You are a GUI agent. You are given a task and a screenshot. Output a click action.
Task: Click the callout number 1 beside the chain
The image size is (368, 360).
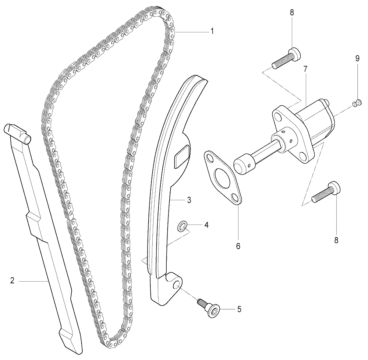point(212,31)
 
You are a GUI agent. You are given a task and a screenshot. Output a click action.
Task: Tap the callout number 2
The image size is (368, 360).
point(13,280)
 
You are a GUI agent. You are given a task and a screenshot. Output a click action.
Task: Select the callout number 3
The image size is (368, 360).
point(189,200)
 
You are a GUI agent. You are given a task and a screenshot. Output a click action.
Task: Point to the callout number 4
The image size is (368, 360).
point(206,225)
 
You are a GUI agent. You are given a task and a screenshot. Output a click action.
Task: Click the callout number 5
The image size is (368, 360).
point(239,309)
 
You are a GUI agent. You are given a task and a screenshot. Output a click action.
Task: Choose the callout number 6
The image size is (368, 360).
point(238,246)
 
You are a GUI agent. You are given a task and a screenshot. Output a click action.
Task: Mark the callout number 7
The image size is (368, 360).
point(305,69)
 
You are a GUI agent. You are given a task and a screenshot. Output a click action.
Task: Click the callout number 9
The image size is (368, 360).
point(357,59)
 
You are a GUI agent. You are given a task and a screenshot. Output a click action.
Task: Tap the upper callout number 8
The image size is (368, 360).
point(292,13)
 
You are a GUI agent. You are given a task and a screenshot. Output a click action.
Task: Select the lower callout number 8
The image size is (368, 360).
point(336,240)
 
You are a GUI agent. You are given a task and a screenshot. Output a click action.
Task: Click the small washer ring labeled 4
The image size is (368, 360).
point(182,226)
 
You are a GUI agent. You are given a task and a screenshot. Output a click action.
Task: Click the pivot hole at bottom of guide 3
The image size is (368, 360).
point(177,285)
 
